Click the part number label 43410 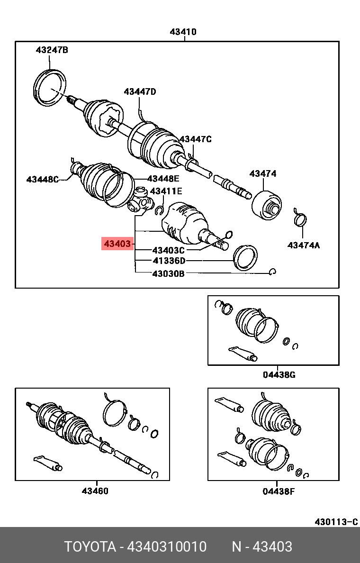[183, 32]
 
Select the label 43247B [52, 50]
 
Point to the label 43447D [140, 92]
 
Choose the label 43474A [304, 245]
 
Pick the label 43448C [43, 179]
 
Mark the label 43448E [163, 179]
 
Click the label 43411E [166, 191]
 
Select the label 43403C [169, 250]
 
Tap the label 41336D [169, 261]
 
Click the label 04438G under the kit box [279, 375]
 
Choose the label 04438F [279, 491]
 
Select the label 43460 [95, 491]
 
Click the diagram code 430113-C [336, 522]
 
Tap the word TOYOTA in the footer [90, 547]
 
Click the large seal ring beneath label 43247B [51, 87]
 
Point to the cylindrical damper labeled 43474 [267, 205]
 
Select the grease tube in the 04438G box [243, 353]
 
